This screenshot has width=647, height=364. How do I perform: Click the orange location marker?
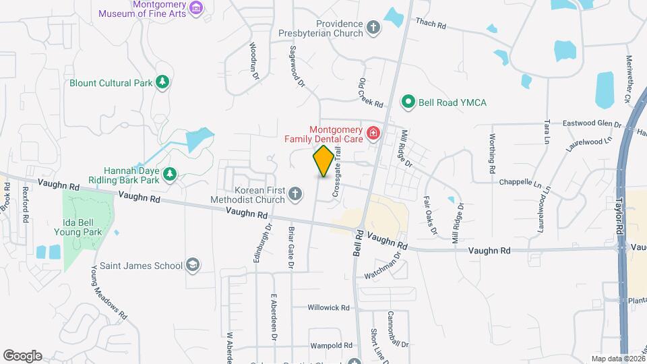tap(323, 161)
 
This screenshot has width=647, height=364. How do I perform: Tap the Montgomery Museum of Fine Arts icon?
tap(196, 7)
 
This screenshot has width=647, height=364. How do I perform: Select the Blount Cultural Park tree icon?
tap(162, 82)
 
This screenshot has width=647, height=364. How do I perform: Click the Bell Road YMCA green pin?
tap(408, 102)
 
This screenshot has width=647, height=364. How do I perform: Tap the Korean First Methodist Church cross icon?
tap(295, 195)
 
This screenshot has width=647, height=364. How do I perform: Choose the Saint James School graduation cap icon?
tap(193, 265)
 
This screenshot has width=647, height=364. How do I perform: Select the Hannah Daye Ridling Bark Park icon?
tap(171, 175)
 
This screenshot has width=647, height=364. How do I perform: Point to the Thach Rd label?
tap(431, 25)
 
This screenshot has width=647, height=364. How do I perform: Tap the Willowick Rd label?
tap(328, 307)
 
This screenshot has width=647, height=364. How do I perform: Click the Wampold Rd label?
tap(332, 346)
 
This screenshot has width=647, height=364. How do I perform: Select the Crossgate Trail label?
tap(335, 174)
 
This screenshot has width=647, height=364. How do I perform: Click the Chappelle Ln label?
tap(520, 183)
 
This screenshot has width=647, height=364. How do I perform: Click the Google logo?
tap(22, 355)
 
